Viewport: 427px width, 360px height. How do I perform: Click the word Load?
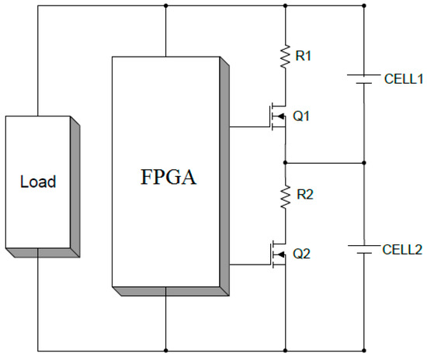37,182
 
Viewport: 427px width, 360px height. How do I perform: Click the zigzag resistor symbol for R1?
285,56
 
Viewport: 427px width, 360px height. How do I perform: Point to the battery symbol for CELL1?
363,79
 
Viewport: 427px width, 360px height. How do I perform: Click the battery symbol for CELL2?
363,250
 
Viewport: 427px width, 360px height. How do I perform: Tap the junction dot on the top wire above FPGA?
165,5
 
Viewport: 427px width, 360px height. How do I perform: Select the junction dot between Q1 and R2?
285,163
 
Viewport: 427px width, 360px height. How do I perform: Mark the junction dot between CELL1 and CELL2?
363,163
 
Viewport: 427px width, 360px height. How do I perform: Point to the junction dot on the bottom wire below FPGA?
165,349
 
